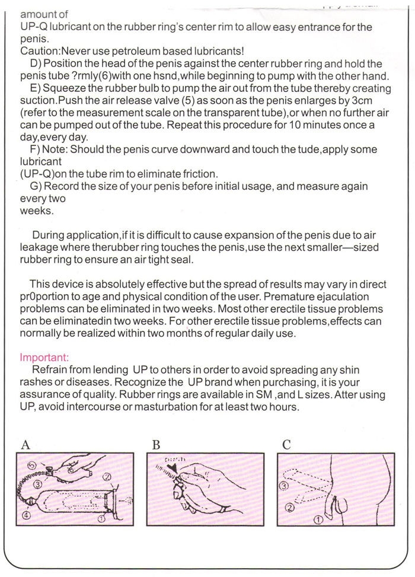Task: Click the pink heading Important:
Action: [x=44, y=358]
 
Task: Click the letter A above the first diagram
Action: [x=25, y=444]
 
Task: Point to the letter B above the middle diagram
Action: [x=156, y=444]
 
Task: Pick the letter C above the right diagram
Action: [x=286, y=444]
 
